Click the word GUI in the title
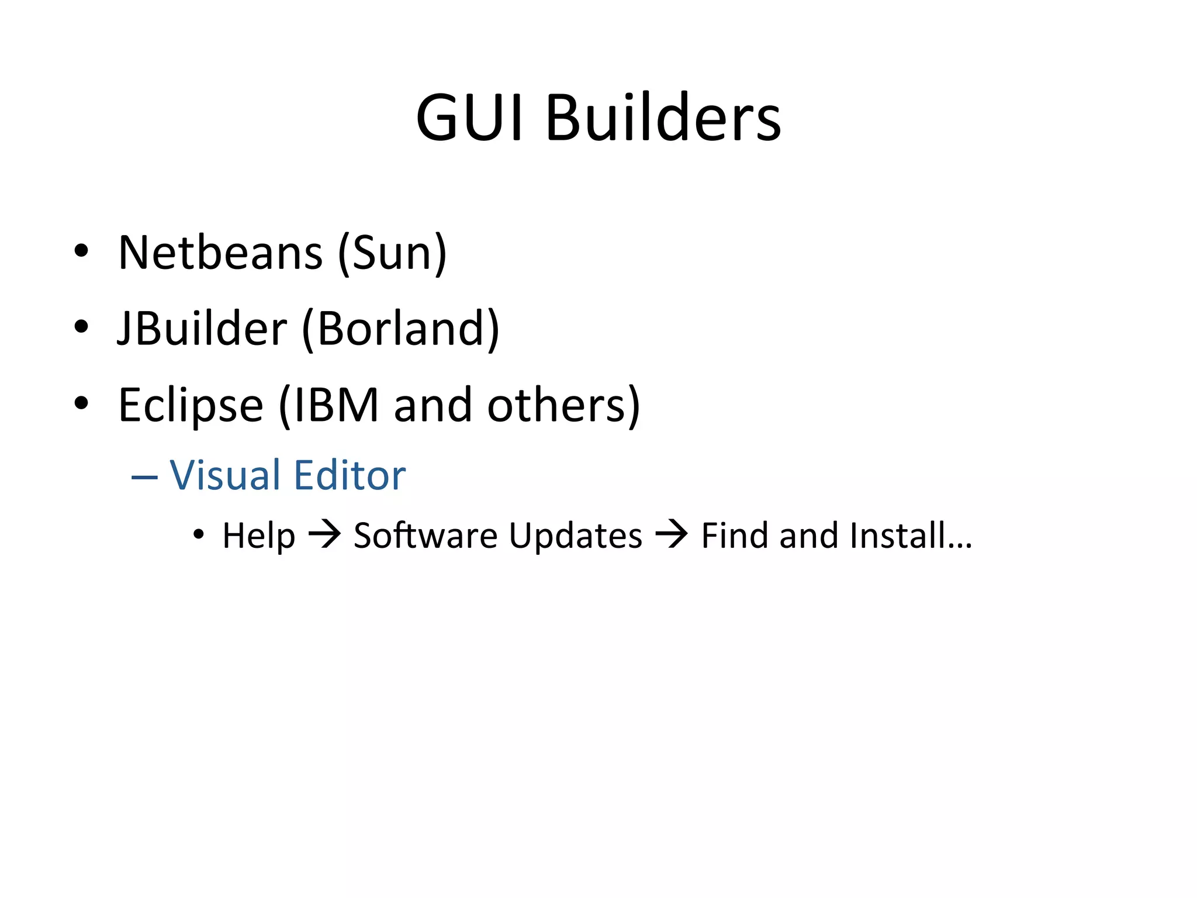[x=469, y=118]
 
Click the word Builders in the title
[x=663, y=118]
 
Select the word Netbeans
[x=220, y=253]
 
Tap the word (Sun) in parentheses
[x=393, y=253]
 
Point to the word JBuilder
[x=202, y=329]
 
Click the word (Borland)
[x=401, y=329]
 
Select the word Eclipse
[x=191, y=405]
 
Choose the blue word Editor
[x=350, y=475]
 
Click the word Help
[x=258, y=536]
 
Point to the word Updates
[x=576, y=536]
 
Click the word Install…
[x=911, y=536]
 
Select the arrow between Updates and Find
[x=672, y=535]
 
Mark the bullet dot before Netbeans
[x=81, y=251]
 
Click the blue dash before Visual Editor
[x=144, y=477]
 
